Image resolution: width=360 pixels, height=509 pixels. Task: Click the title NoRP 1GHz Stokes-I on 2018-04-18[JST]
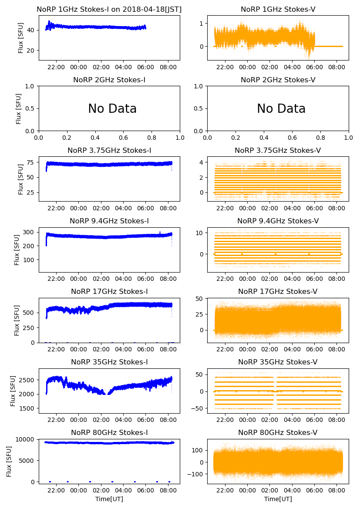(x=109, y=9)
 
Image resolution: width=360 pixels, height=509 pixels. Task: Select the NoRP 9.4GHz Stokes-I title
(x=109, y=221)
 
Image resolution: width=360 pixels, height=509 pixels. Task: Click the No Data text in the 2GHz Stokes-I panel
(x=112, y=109)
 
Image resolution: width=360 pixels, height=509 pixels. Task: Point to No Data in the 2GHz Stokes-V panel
(x=281, y=109)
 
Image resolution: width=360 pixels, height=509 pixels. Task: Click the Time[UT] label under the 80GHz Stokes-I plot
(x=109, y=499)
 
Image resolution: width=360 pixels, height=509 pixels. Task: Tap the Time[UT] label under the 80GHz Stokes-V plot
(x=278, y=499)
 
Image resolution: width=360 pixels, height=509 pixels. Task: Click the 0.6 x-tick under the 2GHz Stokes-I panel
(x=123, y=138)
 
